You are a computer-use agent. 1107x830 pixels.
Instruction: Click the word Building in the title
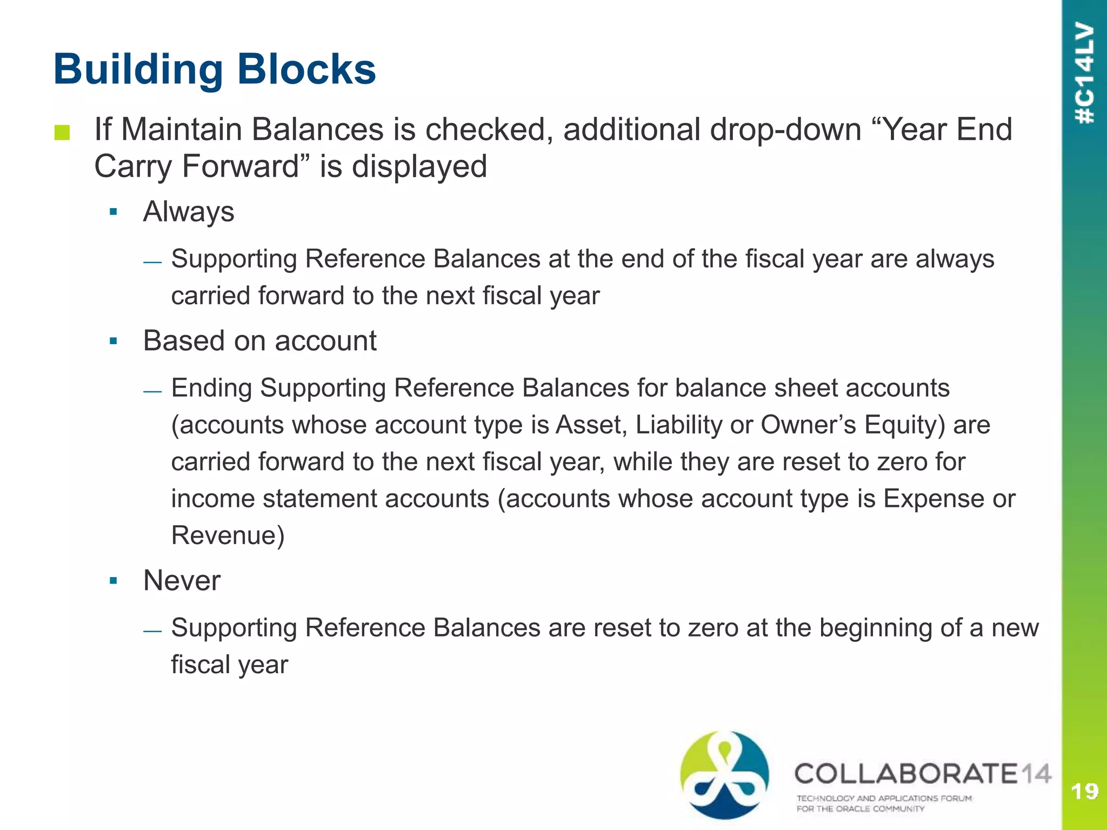click(138, 70)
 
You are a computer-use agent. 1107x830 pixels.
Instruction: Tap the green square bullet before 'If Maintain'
click(62, 132)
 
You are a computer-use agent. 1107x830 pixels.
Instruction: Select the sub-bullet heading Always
click(189, 211)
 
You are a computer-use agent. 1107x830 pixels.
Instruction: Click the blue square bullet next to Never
click(113, 581)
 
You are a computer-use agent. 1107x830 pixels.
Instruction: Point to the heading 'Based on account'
click(259, 341)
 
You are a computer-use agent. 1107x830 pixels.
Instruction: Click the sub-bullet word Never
click(182, 581)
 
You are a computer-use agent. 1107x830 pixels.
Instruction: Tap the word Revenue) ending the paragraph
click(228, 536)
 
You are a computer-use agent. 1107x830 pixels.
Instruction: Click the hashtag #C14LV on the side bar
click(1085, 73)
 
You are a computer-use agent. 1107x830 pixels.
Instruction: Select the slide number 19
click(1084, 792)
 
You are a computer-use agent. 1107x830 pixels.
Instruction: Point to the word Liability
click(678, 425)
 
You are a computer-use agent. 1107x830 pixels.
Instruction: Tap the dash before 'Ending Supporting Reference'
click(152, 391)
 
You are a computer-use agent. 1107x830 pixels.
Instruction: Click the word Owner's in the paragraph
click(809, 425)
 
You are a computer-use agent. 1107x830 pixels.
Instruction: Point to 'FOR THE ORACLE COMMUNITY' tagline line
click(861, 809)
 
